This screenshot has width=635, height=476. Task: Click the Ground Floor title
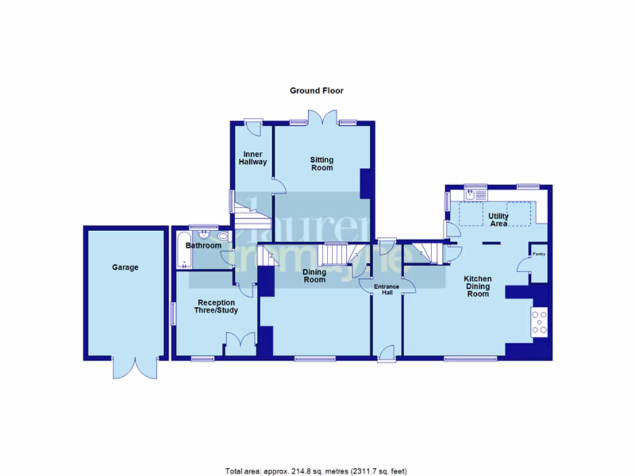point(316,90)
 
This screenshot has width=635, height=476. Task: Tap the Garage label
point(125,268)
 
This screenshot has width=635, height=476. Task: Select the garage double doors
point(135,368)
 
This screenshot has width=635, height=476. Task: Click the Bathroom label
point(204,246)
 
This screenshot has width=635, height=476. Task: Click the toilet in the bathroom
point(223,236)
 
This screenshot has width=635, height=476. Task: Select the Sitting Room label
point(321,164)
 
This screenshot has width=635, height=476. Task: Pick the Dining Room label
point(314,275)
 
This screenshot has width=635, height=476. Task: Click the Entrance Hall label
point(387,289)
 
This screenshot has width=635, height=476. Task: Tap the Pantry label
point(537,253)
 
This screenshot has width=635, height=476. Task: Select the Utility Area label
point(499,219)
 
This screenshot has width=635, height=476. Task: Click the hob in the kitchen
point(540,322)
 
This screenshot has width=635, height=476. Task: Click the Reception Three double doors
point(240,342)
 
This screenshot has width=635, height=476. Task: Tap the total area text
point(316,471)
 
